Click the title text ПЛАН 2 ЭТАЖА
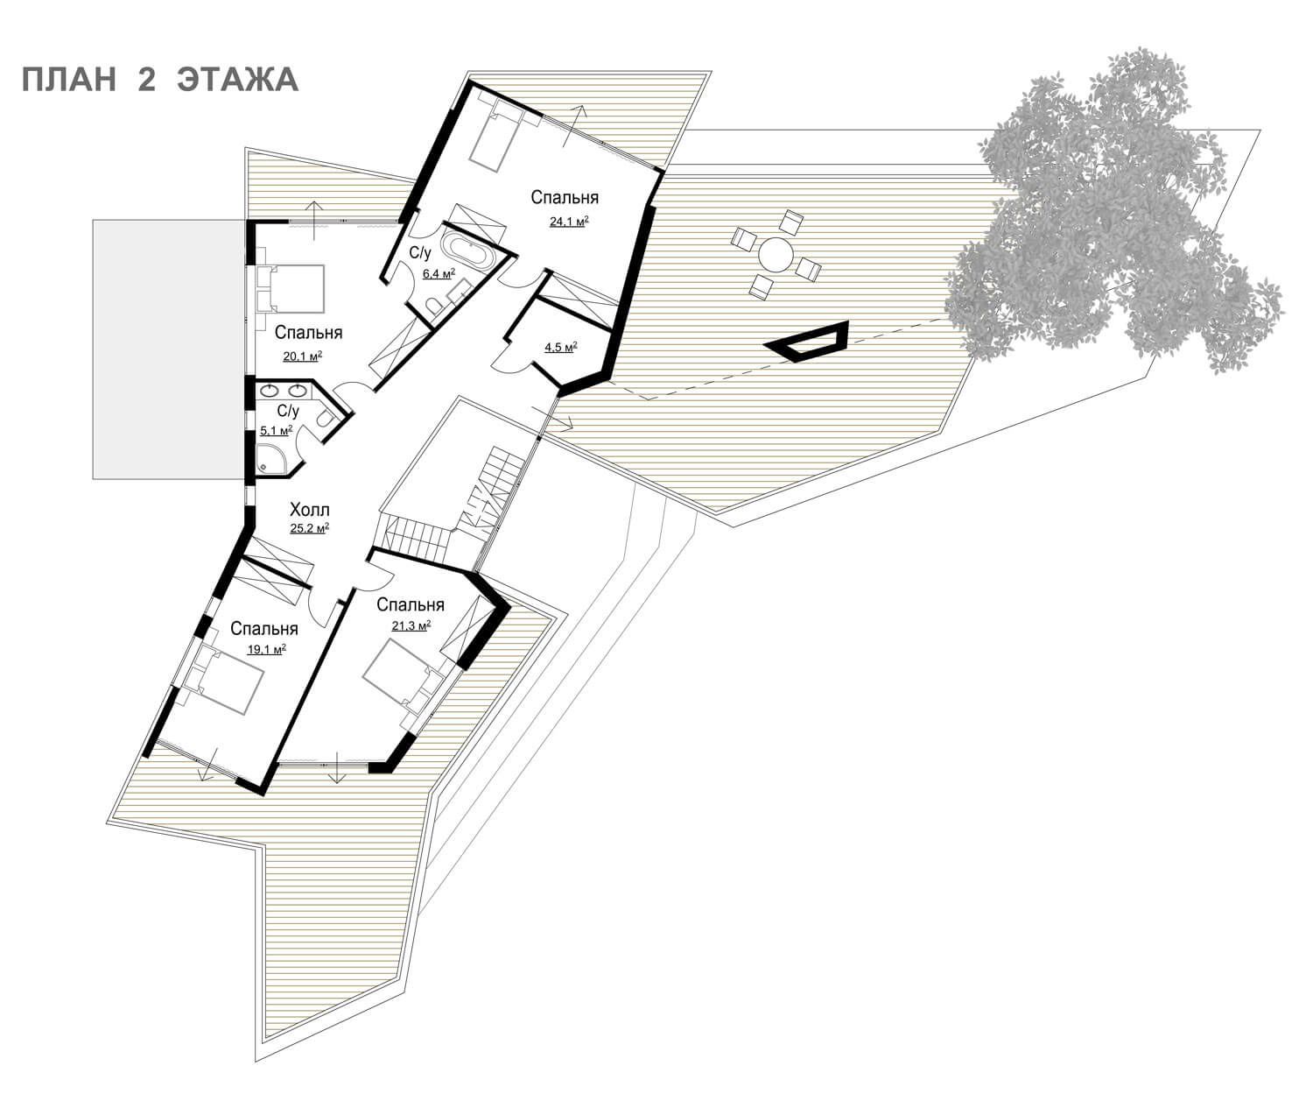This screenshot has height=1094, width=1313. point(159,80)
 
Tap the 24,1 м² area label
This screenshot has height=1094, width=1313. point(569,221)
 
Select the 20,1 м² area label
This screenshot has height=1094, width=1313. point(303,356)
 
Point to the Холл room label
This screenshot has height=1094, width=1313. point(309,509)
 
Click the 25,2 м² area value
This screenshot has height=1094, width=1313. point(309,528)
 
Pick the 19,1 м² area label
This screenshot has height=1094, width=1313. point(267,649)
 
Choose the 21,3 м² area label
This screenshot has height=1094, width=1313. point(411,625)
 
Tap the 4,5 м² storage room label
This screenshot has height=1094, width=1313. point(561,347)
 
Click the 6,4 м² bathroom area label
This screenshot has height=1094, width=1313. point(439,273)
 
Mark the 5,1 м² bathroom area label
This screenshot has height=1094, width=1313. point(277,431)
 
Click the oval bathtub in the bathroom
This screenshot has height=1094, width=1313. point(467,251)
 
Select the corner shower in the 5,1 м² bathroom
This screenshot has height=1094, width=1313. point(271,455)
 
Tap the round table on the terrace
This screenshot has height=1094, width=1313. point(776,255)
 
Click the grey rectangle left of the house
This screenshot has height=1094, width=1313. point(169,349)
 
